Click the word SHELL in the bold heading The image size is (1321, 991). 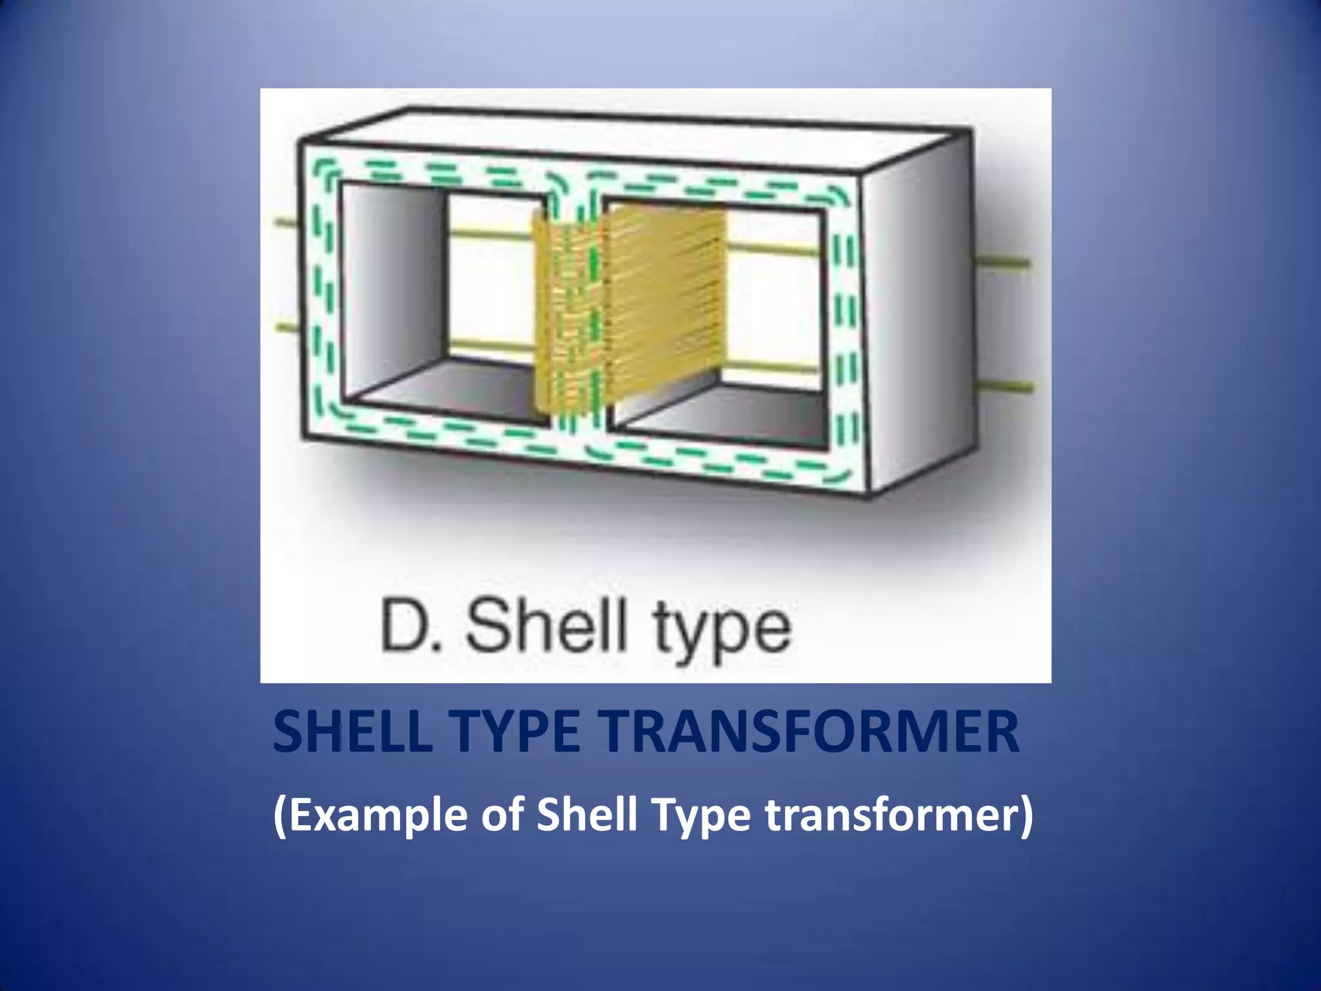(x=352, y=733)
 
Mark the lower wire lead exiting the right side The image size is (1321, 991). (x=1006, y=385)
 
